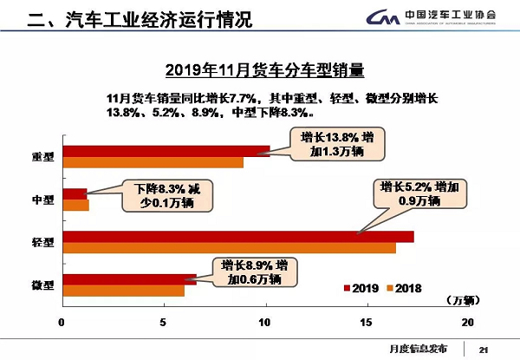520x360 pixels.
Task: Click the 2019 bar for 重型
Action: point(165,150)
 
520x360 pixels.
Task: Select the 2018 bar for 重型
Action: point(152,161)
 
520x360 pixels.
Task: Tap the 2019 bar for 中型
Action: point(75,193)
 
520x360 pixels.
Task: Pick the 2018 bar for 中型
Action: point(75,205)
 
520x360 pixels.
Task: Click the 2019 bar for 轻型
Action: point(237,236)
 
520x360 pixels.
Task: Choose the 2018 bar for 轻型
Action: point(229,247)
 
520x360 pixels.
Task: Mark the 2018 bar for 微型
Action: point(123,291)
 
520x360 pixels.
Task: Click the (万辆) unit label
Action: point(461,301)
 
